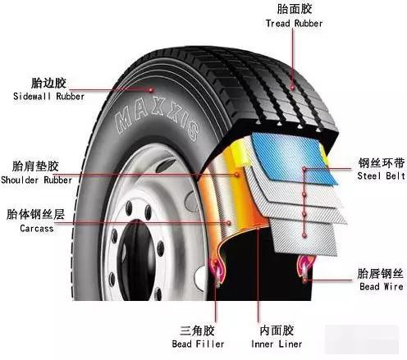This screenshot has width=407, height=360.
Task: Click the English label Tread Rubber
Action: [x=294, y=24]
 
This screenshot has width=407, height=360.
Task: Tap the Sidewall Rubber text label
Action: [x=48, y=96]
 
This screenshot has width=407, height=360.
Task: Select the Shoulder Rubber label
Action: [x=36, y=180]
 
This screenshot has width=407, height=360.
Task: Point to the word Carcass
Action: [x=37, y=228]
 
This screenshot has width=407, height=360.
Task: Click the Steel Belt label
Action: [x=381, y=175]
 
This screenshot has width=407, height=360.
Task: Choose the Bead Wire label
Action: [x=382, y=286]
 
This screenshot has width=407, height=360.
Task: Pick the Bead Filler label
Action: [x=198, y=344]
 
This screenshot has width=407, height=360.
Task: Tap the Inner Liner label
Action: [x=277, y=344]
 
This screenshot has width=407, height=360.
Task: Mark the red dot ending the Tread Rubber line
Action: [x=292, y=88]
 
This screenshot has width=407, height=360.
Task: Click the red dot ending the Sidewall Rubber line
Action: [x=150, y=89]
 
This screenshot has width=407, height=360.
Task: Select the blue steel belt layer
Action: [x=293, y=157]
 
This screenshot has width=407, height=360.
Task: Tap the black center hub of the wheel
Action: [x=136, y=260]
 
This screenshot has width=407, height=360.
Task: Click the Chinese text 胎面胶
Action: [x=295, y=9]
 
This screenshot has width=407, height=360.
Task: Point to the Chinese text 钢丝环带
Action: [x=382, y=163]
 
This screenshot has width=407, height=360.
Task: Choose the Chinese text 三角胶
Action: [x=197, y=330]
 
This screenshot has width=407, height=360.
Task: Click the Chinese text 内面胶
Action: [x=277, y=330]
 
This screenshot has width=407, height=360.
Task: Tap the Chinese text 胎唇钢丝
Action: [x=380, y=274]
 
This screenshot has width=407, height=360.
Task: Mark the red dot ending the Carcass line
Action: [x=229, y=223]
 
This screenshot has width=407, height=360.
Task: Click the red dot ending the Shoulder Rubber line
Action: [x=237, y=174]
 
